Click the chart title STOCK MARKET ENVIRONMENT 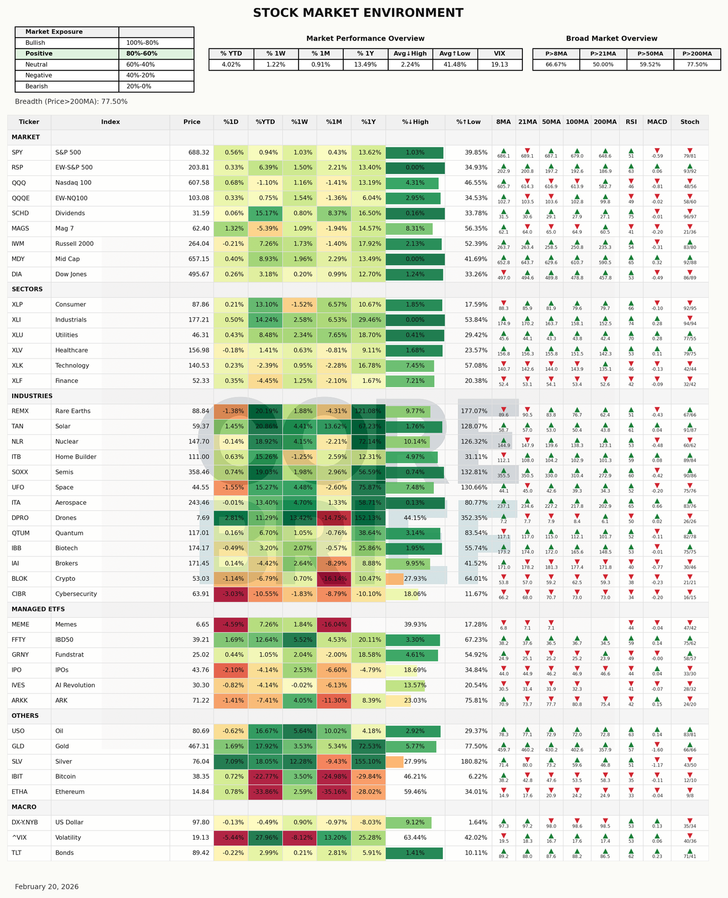[x=358, y=13]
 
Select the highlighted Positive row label [x=39, y=53]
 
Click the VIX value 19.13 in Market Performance [x=499, y=64]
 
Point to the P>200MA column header [x=696, y=53]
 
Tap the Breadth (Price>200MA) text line [x=71, y=102]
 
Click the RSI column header [x=631, y=122]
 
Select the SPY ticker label [x=17, y=152]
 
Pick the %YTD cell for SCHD [x=265, y=214]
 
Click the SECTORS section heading [x=27, y=289]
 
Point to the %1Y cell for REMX [x=368, y=411]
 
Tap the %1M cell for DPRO [x=334, y=518]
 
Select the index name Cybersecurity [x=76, y=594]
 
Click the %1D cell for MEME [x=231, y=624]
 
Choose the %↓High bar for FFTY [x=413, y=640]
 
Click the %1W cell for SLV [x=300, y=761]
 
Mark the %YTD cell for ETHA [x=265, y=792]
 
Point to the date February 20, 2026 [x=47, y=886]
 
